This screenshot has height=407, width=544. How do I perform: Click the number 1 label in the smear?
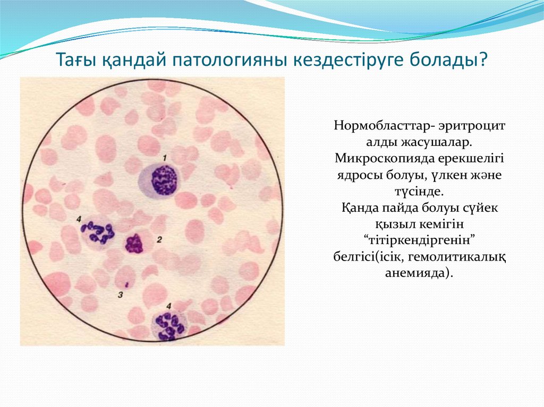165,158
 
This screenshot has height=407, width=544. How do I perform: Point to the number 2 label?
159,240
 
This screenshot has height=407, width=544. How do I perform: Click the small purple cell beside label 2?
134,244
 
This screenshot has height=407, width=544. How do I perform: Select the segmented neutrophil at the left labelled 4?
98,232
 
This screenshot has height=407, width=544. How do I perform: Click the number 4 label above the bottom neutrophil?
169,306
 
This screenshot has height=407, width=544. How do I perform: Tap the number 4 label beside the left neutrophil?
79,219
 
